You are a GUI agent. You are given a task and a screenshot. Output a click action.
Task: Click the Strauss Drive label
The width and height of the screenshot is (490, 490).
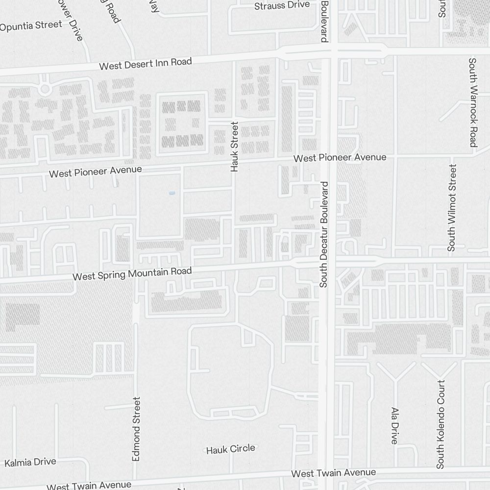click(x=282, y=5)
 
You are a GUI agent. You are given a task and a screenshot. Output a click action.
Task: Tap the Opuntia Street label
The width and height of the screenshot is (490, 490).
click(x=31, y=25)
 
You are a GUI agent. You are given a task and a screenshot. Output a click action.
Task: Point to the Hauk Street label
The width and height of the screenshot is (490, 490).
click(x=234, y=147)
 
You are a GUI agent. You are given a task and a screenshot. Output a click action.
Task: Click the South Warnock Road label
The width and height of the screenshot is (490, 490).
click(x=472, y=102)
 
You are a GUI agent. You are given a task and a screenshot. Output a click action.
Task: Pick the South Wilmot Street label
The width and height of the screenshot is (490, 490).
click(x=452, y=207)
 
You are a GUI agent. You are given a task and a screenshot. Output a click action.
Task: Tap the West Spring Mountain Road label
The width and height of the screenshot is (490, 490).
click(x=132, y=273)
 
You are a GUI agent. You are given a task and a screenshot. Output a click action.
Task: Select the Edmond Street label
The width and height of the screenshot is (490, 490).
click(x=137, y=429)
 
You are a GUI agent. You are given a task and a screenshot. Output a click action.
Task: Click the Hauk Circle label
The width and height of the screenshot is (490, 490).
click(x=230, y=449)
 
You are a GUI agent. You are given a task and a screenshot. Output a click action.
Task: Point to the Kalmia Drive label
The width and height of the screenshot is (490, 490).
click(x=30, y=462)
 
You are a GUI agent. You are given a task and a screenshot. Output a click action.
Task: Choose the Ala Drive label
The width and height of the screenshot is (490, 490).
click(x=394, y=425)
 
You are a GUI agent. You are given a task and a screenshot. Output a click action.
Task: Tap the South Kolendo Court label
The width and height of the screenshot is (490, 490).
click(x=441, y=424)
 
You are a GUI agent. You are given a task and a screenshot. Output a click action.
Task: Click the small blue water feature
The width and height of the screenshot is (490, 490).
click(x=171, y=194)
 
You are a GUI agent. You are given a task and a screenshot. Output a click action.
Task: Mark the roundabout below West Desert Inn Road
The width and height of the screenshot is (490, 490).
click(x=45, y=89)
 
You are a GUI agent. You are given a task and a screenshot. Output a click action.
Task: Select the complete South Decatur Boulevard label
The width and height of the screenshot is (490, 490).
click(x=323, y=234)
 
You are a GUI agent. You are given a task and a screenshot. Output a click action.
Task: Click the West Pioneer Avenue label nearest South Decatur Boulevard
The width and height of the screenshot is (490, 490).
click(x=340, y=158)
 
